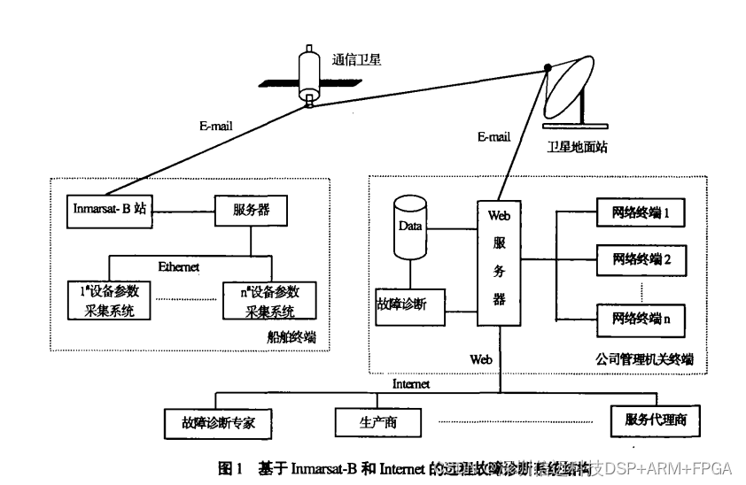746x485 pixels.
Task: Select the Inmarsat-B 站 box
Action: click(111, 211)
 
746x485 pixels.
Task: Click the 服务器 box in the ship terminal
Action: click(252, 211)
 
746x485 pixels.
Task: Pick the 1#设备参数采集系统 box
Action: click(111, 301)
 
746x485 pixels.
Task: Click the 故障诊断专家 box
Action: click(216, 421)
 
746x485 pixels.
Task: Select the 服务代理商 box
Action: click(655, 420)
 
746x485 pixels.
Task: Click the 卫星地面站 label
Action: click(577, 147)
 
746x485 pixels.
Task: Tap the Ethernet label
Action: click(178, 266)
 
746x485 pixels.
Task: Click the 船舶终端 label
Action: click(291, 339)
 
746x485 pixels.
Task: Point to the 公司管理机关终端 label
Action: click(639, 360)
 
